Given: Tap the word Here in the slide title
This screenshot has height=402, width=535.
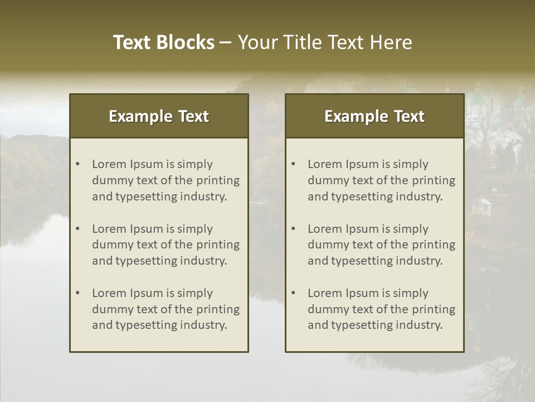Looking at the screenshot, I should tap(391, 42).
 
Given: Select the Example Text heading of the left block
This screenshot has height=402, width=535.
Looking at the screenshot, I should tap(159, 116).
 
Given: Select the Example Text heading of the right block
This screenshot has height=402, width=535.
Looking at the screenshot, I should tap(374, 116).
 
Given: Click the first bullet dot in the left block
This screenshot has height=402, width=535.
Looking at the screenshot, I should tap(78, 164).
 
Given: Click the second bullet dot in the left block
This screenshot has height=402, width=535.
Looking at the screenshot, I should tap(78, 229).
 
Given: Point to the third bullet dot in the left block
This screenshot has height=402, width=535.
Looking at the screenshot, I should tap(78, 293).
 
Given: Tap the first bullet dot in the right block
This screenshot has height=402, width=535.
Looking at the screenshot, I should tap(294, 164).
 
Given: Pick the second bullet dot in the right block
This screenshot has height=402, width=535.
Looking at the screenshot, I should tap(294, 229).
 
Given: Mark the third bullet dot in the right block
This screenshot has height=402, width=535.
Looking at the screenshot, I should tap(294, 293).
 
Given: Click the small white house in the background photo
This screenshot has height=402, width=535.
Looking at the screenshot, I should tap(482, 206).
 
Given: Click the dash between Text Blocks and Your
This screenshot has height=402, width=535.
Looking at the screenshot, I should tap(226, 43).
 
